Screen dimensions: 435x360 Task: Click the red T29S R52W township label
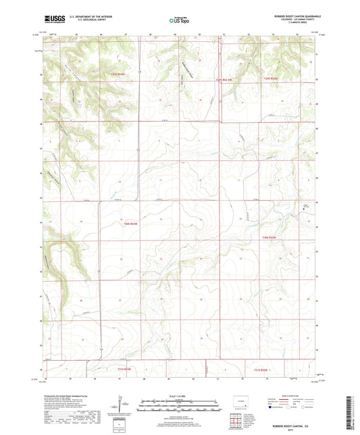[x=271, y=80]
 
